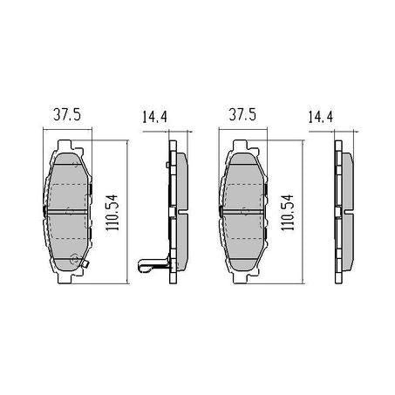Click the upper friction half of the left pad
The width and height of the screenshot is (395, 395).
click(67, 182)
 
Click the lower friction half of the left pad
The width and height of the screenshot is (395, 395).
click(67, 235)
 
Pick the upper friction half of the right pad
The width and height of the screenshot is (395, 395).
click(245, 182)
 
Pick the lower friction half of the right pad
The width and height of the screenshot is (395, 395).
click(245, 235)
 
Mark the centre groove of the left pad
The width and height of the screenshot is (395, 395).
click(67, 210)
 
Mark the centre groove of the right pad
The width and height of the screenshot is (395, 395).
click(245, 210)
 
